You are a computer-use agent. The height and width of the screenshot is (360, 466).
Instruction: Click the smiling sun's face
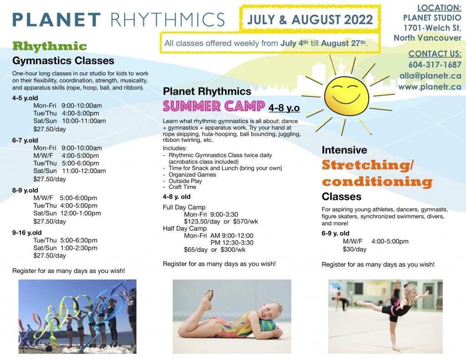coord(346,96)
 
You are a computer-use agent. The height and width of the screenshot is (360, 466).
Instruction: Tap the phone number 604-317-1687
coord(435,65)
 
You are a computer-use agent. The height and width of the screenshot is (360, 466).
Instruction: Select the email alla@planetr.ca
coord(431,76)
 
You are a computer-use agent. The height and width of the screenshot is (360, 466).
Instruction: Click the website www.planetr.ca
coord(430,87)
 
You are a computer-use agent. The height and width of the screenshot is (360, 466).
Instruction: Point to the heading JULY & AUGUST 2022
coord(310,20)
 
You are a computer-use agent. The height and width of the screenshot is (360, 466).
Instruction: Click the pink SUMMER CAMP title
coord(214,106)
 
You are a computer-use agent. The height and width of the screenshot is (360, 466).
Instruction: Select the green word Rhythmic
coord(50,46)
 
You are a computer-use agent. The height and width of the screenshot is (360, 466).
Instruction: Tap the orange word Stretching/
coord(368,165)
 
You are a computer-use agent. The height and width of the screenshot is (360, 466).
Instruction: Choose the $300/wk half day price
coord(233,250)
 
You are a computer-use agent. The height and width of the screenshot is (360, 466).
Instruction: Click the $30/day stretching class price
coord(355,249)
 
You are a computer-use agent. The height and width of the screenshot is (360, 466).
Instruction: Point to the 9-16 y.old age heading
coord(27,233)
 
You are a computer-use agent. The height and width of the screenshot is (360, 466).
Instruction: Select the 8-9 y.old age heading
coord(25,190)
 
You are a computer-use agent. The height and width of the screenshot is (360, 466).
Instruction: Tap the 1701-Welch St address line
coord(432,28)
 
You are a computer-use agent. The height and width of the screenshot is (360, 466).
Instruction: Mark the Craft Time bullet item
coord(182,187)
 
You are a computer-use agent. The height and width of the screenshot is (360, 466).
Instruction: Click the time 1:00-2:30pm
coord(79,248)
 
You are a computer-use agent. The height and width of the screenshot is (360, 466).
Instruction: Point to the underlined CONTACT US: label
coord(435,54)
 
